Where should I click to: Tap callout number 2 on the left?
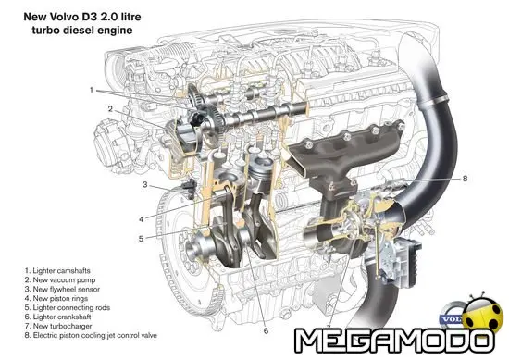point(110,108)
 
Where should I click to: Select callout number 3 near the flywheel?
point(145,185)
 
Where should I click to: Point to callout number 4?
point(141,219)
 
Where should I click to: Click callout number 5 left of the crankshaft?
point(141,238)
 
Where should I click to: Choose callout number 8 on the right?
point(466,178)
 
